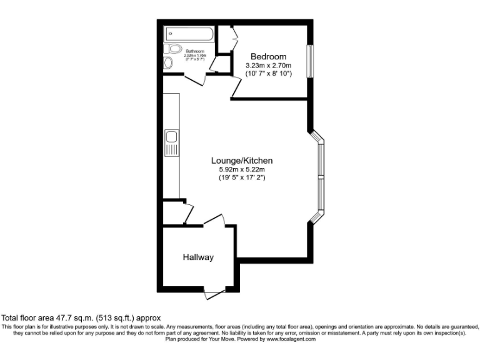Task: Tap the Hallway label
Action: point(198,257)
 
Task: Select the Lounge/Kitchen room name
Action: point(242,161)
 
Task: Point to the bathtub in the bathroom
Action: point(190,33)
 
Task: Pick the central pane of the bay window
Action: point(322,177)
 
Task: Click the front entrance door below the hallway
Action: point(212,291)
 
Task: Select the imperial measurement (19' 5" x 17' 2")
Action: point(242,178)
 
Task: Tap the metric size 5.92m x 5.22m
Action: point(242,169)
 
